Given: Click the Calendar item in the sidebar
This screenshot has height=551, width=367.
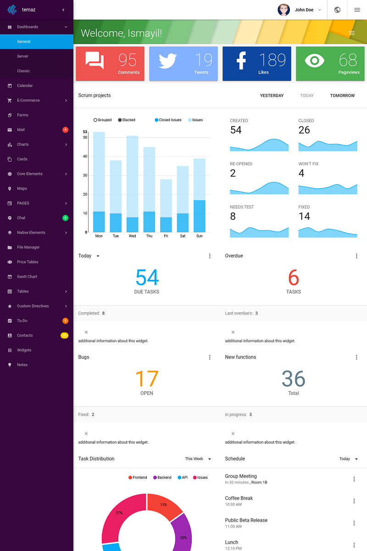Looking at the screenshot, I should coord(25,86).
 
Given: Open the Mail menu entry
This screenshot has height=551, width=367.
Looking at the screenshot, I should coord(21,130).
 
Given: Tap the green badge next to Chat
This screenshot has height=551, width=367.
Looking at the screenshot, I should coord(65,218).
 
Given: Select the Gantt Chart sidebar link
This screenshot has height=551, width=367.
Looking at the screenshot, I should coord(27,277).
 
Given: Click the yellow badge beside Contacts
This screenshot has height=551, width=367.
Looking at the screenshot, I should coord(65,336).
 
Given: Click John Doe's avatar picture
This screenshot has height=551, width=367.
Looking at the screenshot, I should coord(284,10).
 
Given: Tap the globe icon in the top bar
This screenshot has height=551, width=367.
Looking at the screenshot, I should coord(337,10).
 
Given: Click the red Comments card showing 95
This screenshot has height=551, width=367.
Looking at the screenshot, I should coord(110,63).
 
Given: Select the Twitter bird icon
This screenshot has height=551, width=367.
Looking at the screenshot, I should coord(168,61).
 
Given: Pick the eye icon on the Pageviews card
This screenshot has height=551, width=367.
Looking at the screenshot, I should coord(315,61).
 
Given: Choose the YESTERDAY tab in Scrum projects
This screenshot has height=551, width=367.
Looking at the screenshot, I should coord(272,96).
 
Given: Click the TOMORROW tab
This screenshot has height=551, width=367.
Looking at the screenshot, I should coord(342,96).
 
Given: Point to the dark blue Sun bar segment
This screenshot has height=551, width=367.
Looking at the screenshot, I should coord(199,216).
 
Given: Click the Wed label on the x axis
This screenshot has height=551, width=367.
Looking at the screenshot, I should coord(132,236).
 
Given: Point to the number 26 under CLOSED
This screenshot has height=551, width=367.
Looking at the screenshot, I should coord(304,130).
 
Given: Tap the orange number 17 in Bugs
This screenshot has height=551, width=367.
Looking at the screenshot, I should coord(147,379).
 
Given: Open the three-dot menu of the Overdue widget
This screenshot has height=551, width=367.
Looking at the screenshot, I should coord(356,256).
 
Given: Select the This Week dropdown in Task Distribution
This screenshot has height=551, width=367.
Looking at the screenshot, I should coord(198,459).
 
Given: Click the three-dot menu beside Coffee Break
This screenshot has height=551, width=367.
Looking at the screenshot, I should coord(354,501).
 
